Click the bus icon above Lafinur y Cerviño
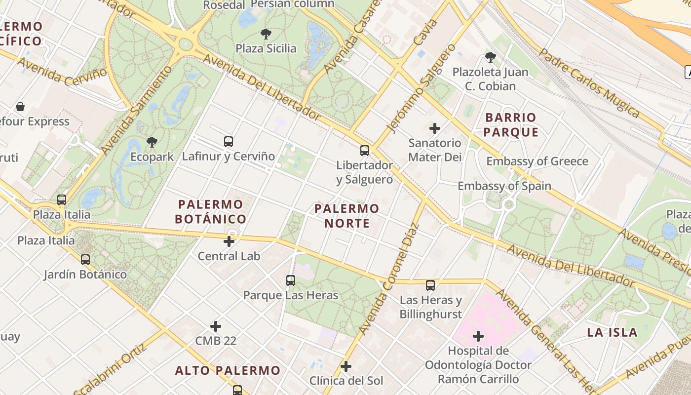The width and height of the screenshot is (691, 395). [x=228, y=142]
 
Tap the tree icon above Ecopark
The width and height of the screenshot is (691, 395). [x=152, y=143]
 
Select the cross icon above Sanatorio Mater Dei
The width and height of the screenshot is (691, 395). [x=435, y=129]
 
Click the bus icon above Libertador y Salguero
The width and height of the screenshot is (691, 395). [x=365, y=151]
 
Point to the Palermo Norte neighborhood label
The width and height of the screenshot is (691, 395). [x=347, y=216]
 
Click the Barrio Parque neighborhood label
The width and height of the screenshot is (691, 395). [x=511, y=125]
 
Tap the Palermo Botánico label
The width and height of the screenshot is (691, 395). [x=211, y=211]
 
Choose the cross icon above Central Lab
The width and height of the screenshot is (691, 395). [x=229, y=241]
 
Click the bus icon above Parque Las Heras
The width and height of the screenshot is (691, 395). [x=291, y=280]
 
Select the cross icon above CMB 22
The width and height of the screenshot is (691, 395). [x=216, y=326]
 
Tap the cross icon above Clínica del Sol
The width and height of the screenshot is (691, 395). [x=346, y=366]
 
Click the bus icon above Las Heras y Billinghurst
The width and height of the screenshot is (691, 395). [x=430, y=285]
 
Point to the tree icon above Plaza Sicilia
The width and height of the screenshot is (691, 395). [x=266, y=34]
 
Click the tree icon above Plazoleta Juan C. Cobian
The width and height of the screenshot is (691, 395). [x=490, y=57]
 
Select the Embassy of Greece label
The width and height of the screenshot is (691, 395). [x=537, y=161]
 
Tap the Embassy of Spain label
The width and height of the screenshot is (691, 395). [x=504, y=186]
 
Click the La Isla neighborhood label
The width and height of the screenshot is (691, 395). [x=612, y=332]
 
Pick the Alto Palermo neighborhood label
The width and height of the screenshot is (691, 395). [x=228, y=370]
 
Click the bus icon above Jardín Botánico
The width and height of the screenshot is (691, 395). [x=85, y=259]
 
